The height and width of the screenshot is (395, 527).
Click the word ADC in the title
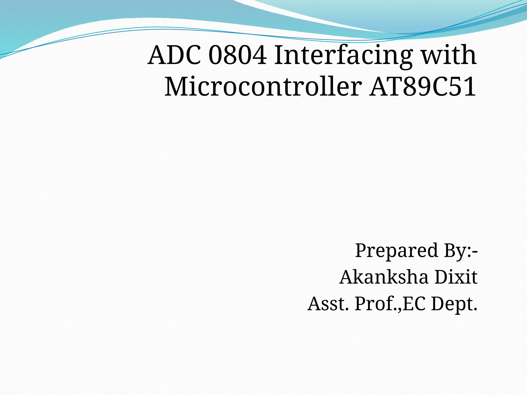pos(174,55)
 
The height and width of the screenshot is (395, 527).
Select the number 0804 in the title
pos(237,55)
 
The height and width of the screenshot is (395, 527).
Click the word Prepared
pos(396,250)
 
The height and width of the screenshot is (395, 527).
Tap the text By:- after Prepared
pos(461,250)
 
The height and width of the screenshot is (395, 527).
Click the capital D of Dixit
pos(442,277)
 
